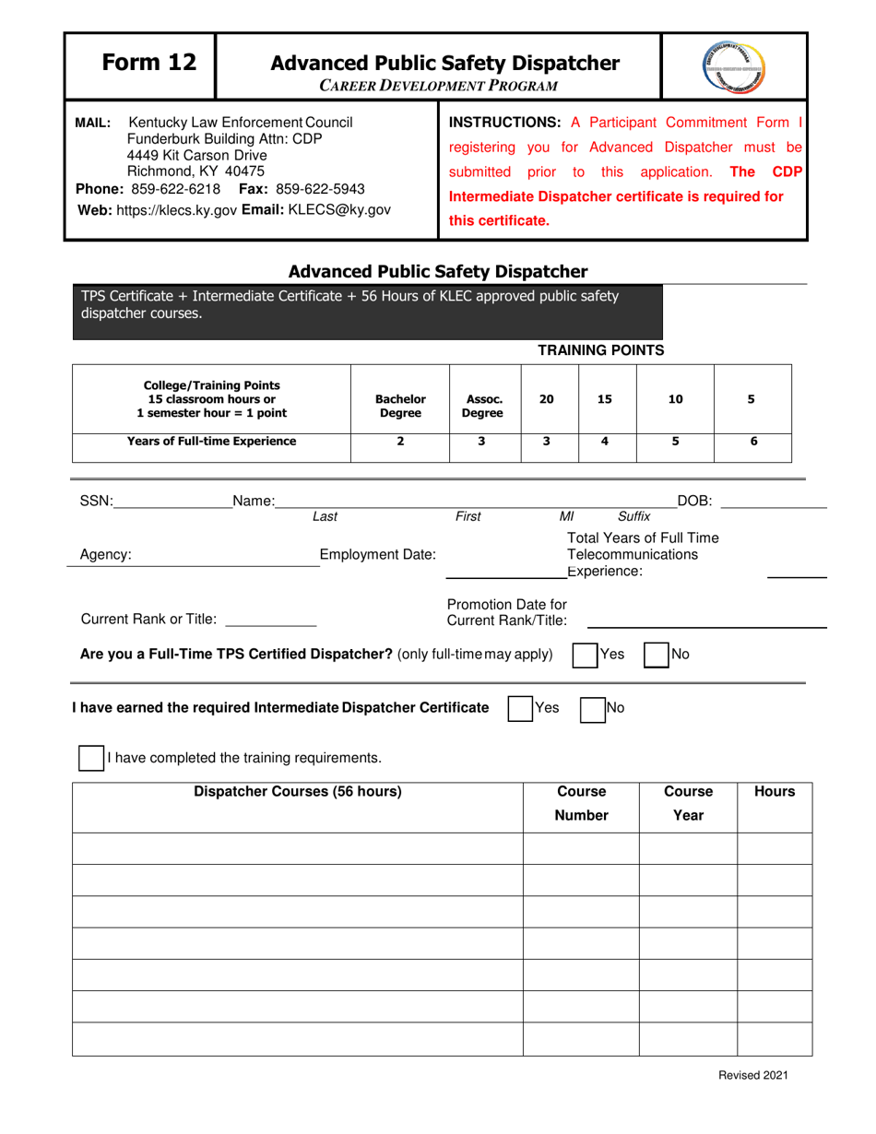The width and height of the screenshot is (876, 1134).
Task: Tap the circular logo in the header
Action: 734,66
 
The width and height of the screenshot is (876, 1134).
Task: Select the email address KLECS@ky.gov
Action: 340,209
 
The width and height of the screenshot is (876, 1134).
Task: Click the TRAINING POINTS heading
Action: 600,349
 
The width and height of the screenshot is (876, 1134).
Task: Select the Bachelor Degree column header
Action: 400,407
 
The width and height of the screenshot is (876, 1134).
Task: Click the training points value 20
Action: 547,399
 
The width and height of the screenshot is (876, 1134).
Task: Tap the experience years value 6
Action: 753,441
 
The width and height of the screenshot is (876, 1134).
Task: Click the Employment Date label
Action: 377,554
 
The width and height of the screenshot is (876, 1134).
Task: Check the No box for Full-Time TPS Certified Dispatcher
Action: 655,655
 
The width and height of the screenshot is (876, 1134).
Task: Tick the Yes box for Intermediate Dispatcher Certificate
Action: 520,708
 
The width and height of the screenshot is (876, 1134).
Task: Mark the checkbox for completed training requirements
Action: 90,758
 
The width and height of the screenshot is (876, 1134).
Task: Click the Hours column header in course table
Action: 775,791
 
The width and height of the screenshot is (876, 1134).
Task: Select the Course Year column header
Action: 688,803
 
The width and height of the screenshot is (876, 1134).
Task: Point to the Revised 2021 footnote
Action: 753,1075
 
